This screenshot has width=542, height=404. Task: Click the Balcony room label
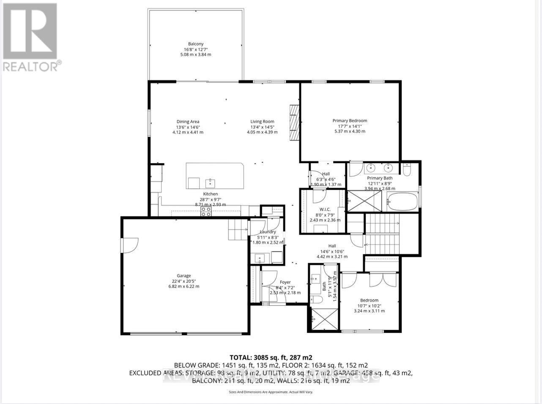tap(196, 44)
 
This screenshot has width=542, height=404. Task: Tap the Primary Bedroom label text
tap(350, 121)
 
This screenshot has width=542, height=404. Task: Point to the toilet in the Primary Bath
tap(407, 170)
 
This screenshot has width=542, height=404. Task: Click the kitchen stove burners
tap(206, 212)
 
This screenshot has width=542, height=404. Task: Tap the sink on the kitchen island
tap(210, 183)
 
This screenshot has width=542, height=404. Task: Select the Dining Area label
tap(188, 122)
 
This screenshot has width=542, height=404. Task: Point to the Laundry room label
tap(268, 232)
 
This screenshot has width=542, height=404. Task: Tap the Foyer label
tap(285, 282)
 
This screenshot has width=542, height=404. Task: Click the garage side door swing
tap(130, 245)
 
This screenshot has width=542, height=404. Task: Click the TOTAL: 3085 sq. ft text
tap(271, 357)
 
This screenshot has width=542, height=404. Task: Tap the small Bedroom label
tap(369, 300)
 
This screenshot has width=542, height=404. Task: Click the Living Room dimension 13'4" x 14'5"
tap(262, 127)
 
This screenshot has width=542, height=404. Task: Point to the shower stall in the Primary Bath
tap(365, 201)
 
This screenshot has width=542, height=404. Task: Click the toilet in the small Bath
tap(316, 300)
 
